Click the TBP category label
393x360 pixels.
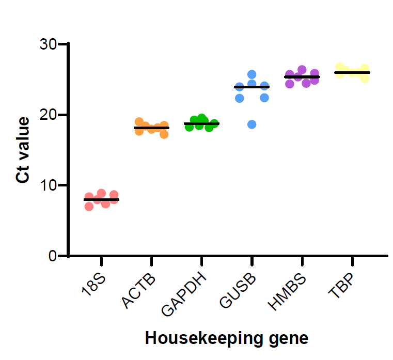coord(341,285)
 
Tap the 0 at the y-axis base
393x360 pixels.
coord(53,256)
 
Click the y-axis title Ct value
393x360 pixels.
coord(22,150)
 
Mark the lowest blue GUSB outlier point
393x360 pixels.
coord(251,124)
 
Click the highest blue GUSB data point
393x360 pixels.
coord(252,75)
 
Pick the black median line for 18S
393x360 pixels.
coord(101,199)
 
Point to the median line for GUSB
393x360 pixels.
coord(251,87)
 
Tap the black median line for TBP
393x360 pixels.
coord(352,73)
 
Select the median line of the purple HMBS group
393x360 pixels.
coord(302,77)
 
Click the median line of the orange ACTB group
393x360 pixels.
coord(151,128)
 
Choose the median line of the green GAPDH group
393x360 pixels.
coord(201,123)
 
